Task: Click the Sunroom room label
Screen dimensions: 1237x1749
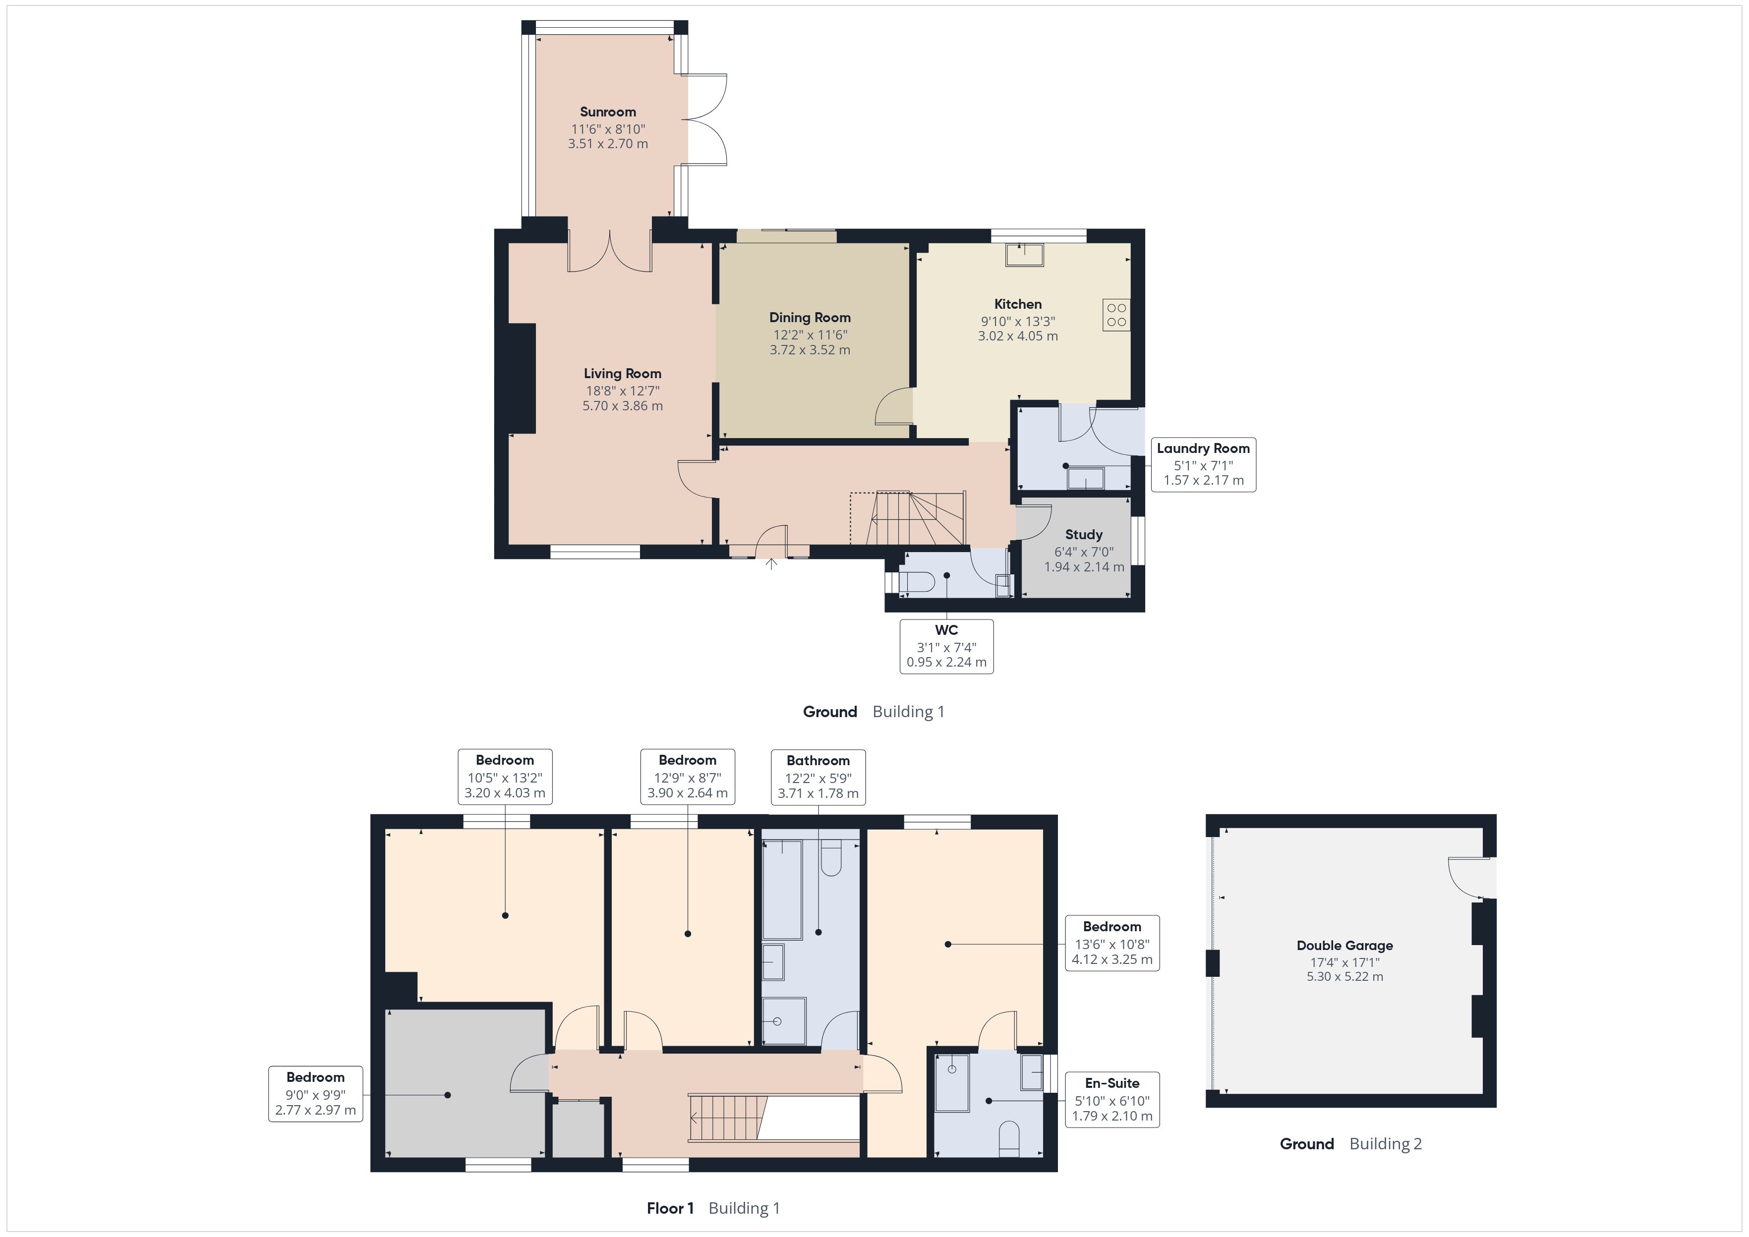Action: [607, 112]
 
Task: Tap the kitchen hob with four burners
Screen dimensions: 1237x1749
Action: [1116, 315]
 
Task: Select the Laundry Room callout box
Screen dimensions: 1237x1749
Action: [1203, 464]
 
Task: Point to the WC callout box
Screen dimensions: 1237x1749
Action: [946, 646]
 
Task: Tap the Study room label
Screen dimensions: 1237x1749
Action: [1083, 535]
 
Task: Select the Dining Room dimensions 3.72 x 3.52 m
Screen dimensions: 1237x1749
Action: [810, 349]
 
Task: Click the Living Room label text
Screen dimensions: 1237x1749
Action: [622, 373]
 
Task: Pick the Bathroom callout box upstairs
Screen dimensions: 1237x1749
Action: [818, 776]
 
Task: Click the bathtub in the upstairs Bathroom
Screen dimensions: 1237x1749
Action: [782, 889]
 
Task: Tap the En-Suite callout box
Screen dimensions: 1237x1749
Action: [1111, 1099]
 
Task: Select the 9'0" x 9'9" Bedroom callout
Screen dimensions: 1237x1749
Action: [315, 1093]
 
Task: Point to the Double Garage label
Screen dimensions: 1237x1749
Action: [1344, 945]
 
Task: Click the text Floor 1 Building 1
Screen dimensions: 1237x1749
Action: [713, 1208]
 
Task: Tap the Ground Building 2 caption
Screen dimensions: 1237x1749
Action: [1350, 1143]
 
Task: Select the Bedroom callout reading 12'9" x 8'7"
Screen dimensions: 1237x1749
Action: [687, 776]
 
